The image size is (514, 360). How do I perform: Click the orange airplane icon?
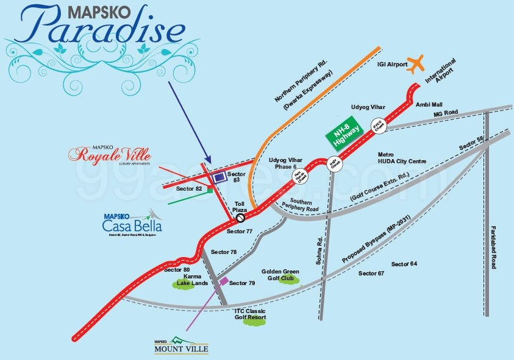coord(414,63)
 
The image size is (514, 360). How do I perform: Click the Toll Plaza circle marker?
coord(240,216)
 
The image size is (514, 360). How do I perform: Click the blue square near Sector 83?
coord(218,177)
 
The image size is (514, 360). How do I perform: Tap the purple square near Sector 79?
coord(224,281)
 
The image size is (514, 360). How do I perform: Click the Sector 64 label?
coord(404,263)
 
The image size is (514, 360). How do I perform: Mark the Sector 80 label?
coord(179,269)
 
